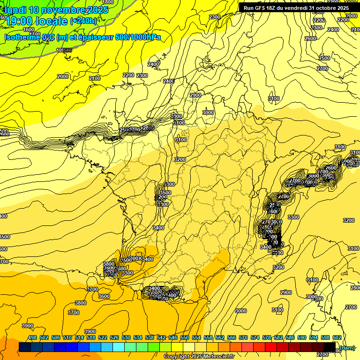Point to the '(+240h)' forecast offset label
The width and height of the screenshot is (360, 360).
tap(83, 21)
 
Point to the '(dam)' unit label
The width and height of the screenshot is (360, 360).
tap(347, 347)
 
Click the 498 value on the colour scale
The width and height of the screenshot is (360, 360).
tap(32, 338)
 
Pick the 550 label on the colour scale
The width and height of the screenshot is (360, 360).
tap(185, 338)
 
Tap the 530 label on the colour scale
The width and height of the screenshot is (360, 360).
tap(126, 338)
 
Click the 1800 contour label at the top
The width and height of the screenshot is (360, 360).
tap(107, 2)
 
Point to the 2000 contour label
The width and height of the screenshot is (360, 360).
tap(62, 76)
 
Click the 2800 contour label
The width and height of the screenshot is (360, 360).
tap(355, 288)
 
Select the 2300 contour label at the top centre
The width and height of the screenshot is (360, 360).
tap(215, 17)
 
